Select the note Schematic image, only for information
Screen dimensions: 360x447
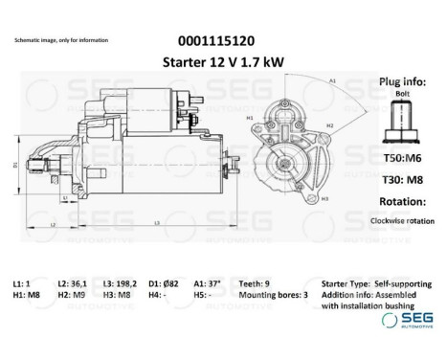[61, 41]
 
